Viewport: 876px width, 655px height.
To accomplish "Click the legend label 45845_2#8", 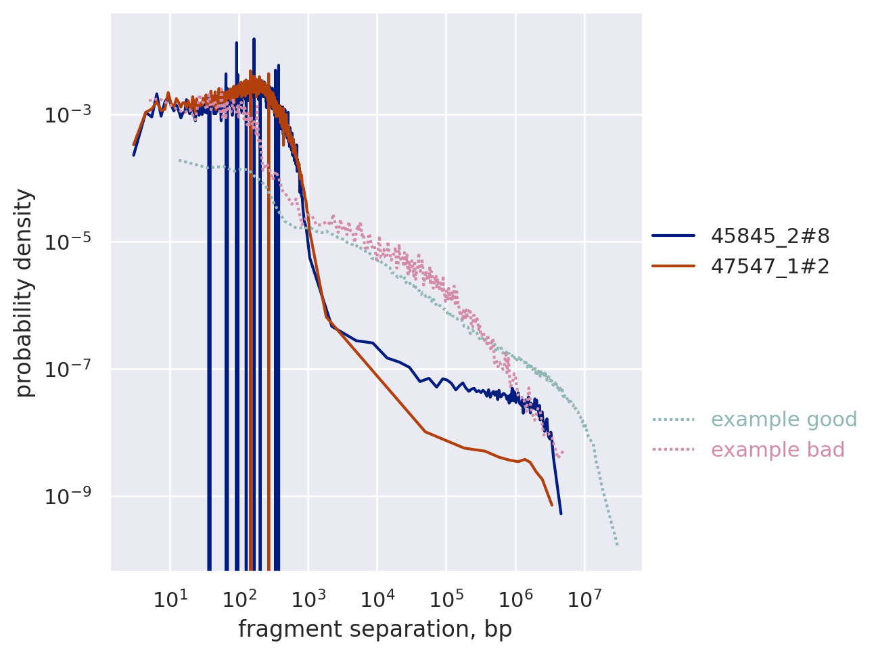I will pos(770,236).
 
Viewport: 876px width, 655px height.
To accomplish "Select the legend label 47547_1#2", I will pos(770,267).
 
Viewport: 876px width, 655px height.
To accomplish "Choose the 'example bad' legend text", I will pos(778,450).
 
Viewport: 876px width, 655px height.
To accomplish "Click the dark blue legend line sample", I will pos(673,236).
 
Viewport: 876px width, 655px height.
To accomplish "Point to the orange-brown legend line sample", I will pos(673,267).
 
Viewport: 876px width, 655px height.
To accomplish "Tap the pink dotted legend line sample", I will pos(673,450).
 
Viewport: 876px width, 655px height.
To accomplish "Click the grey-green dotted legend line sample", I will pos(673,420).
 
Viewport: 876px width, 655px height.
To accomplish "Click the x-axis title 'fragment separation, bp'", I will pos(375,629).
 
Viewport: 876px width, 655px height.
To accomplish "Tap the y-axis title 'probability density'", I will pos(24,293).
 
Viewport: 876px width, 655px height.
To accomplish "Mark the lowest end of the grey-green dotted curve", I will pos(618,545).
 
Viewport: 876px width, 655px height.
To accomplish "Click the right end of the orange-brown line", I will pos(552,505).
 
